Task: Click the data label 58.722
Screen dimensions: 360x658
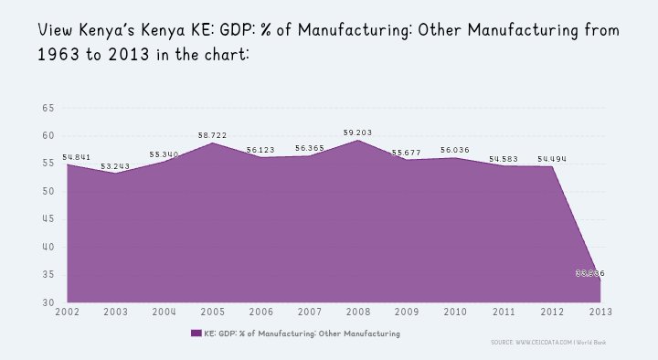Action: [212, 135]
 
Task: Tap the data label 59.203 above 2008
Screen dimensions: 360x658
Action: [357, 132]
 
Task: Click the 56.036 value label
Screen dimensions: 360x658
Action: [454, 150]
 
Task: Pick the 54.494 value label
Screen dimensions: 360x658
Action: [552, 159]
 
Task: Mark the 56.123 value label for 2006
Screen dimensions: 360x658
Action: [260, 150]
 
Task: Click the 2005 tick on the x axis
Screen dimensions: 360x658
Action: [212, 312]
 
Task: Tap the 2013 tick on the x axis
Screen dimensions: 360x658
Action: [600, 312]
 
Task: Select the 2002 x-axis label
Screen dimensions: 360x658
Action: [67, 312]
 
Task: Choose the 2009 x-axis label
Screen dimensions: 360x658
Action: [406, 312]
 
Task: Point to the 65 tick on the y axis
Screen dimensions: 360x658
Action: [48, 108]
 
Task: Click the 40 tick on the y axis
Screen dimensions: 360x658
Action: [48, 247]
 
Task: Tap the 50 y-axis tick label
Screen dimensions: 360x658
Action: [48, 191]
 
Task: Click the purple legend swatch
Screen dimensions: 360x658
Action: [196, 334]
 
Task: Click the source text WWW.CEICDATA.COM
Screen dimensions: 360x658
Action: [544, 342]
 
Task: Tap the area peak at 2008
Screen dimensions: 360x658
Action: [357, 141]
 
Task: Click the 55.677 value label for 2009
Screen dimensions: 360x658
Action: [406, 153]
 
